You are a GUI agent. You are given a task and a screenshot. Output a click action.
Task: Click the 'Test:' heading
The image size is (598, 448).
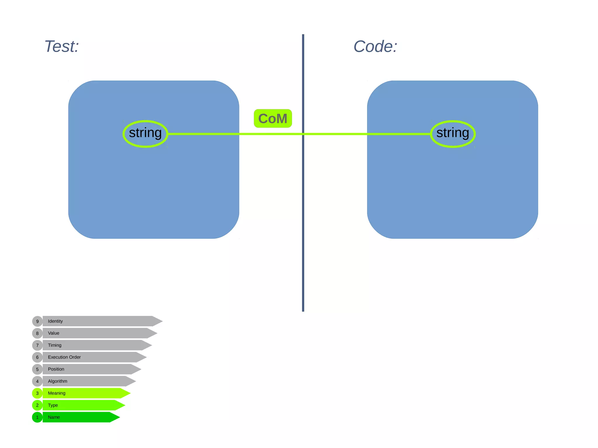[x=62, y=46]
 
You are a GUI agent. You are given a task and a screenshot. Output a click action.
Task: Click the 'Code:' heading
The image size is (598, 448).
[x=375, y=46]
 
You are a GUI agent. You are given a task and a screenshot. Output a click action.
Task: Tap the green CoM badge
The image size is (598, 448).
[x=273, y=118]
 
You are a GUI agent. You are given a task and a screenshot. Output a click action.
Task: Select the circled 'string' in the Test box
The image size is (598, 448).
[x=145, y=134]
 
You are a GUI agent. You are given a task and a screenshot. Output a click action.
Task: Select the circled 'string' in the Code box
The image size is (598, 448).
[x=453, y=134]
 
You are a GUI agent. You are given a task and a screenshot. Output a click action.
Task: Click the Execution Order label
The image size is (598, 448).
[x=64, y=357]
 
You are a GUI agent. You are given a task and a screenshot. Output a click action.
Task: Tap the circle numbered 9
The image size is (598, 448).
[x=37, y=321]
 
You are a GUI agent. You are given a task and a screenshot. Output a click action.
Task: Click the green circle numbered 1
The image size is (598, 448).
[x=37, y=417]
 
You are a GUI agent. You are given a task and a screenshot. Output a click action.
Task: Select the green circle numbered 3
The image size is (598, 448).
[x=37, y=393]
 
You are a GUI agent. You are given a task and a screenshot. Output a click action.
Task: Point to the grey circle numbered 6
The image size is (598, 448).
[x=37, y=357]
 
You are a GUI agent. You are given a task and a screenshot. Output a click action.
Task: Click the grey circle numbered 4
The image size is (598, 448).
[x=37, y=381]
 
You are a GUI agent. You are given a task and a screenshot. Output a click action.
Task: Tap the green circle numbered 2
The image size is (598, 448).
[x=37, y=405]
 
